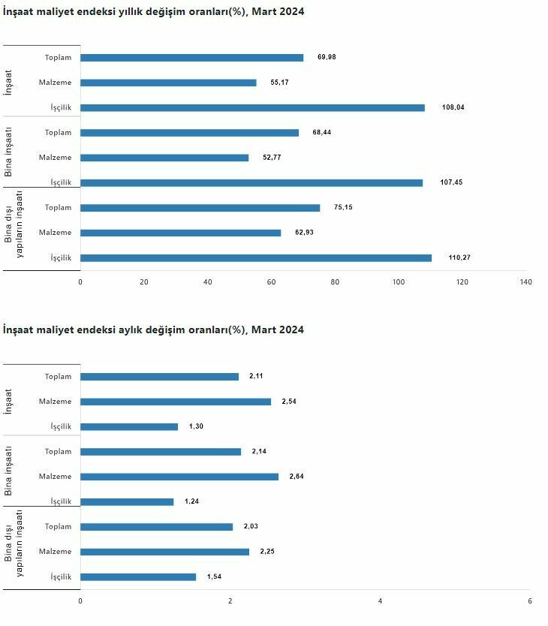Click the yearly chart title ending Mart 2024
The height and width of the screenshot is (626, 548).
click(154, 12)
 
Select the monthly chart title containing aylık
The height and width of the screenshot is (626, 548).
click(154, 330)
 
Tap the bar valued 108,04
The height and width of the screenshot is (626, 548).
click(252, 107)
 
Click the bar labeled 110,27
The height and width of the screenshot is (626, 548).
click(256, 257)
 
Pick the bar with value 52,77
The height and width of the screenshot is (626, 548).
click(164, 158)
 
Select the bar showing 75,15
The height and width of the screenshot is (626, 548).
click(200, 208)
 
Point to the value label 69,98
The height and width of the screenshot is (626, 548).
click(327, 58)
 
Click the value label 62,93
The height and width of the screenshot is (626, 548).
click(304, 233)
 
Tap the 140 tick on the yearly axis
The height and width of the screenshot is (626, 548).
click(525, 282)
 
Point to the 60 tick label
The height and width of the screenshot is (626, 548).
click(271, 282)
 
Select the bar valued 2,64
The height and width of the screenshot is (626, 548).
click(179, 477)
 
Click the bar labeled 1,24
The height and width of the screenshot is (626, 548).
click(127, 501)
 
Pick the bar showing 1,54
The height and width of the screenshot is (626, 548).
click(138, 576)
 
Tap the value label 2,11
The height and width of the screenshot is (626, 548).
click(256, 376)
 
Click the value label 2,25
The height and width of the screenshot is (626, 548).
click(267, 552)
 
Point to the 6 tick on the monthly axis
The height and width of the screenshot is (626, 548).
click(530, 601)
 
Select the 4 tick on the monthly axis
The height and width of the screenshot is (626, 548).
click(380, 601)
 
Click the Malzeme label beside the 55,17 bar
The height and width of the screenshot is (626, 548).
click(56, 83)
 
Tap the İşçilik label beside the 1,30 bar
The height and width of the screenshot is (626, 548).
click(61, 426)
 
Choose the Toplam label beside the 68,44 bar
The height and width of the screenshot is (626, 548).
click(58, 133)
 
